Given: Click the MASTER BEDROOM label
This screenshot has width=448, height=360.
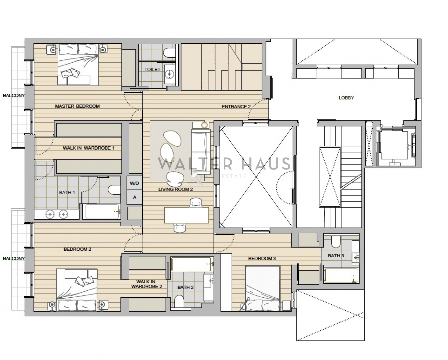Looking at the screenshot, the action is coord(77,106).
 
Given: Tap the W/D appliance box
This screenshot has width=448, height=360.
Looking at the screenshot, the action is coord(134,183).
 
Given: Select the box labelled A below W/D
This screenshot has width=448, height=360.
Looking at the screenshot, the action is coord(134,197).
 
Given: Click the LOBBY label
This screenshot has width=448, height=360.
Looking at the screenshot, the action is coord(346,98).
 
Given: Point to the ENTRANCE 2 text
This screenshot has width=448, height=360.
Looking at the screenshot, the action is coord(236,107).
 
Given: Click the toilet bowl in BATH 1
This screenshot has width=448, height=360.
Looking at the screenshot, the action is coord(114,190).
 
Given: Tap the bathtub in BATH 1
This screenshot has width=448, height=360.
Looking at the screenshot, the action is coord(102,211).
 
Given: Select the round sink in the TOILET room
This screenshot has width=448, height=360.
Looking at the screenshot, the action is coord(170,74).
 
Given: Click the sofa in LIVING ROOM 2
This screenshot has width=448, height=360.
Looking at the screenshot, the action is coord(201,151).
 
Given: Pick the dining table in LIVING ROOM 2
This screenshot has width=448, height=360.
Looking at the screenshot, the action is coord(186,215).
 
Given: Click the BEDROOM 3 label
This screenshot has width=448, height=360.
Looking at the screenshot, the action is coord(262,258).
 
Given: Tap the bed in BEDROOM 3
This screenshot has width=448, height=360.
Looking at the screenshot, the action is coord(263,288).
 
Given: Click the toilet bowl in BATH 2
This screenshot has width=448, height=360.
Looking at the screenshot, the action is coord(179,301).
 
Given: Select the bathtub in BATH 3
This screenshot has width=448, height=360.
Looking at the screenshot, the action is coord(341,276).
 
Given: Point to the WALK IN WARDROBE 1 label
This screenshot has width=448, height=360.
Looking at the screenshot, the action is coord(88,148).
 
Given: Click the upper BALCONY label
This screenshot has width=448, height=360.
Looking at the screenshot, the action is coord(14,95).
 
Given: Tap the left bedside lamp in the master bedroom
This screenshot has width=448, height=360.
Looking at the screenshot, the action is coord(53,50).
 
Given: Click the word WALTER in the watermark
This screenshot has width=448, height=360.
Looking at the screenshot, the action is coord(195,163).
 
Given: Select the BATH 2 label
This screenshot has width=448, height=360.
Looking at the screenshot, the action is coord(185,287).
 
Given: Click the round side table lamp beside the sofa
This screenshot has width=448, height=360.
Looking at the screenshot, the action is coord(205,125).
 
